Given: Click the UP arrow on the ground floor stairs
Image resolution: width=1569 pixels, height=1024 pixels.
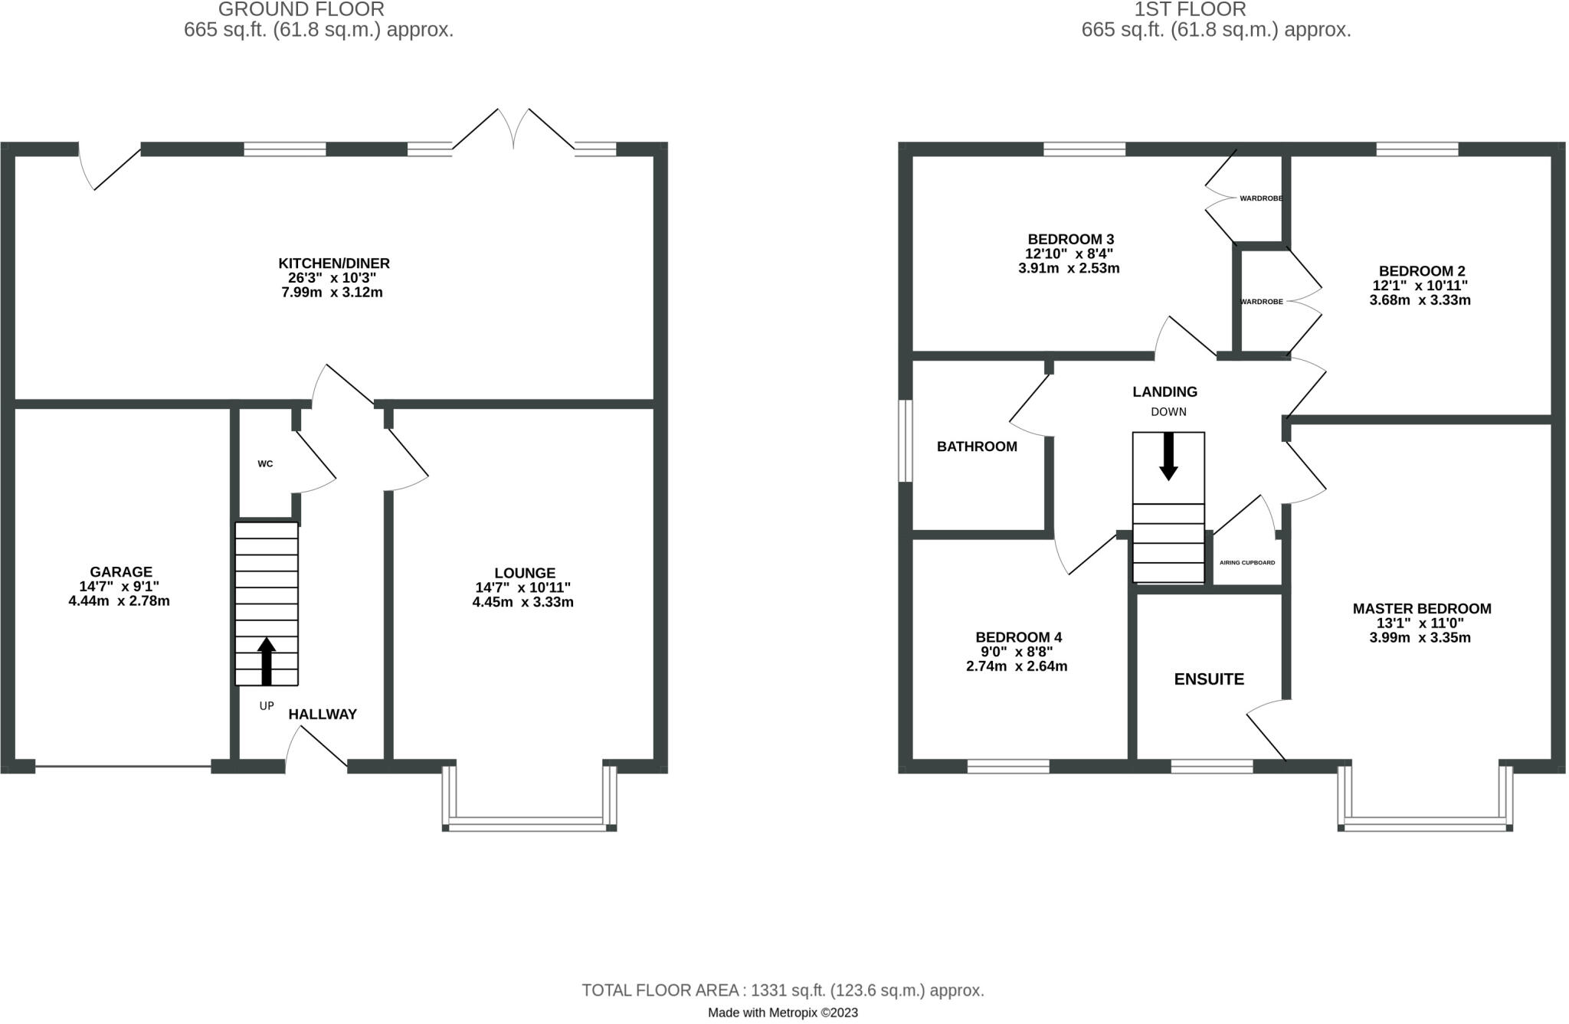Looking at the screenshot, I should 266,661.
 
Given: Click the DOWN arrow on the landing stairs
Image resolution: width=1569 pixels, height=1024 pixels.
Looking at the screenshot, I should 1168,456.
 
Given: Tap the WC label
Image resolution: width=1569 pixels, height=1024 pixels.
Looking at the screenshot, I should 265,464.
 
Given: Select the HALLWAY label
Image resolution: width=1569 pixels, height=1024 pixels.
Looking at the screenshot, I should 323,715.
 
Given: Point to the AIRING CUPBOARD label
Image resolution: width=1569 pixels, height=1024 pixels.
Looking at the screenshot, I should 1247,563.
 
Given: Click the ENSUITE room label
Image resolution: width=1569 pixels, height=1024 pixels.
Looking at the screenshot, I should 1209,679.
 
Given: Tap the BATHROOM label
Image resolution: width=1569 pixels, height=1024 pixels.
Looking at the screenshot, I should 977,447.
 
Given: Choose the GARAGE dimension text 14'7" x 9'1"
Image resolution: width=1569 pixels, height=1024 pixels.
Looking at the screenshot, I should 120,587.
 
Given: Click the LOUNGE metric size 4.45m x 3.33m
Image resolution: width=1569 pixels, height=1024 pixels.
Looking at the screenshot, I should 522,602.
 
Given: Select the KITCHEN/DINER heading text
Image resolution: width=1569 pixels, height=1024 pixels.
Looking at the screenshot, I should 334,263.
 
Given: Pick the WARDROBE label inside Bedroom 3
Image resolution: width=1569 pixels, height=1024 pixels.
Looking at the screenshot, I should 1261,198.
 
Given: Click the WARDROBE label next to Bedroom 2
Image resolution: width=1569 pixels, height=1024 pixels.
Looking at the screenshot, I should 1261,302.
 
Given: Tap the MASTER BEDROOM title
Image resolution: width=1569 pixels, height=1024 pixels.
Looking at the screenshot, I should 1421,609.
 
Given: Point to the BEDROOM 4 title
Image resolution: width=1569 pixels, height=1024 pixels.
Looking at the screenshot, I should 1018,637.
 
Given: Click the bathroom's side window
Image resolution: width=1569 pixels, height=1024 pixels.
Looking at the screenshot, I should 906,440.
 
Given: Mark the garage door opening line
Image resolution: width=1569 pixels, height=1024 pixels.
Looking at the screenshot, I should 123,766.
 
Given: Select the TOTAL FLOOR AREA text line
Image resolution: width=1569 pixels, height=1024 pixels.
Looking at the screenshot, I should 782,990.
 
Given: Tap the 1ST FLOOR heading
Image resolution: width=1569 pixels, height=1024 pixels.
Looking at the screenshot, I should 1216,9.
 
